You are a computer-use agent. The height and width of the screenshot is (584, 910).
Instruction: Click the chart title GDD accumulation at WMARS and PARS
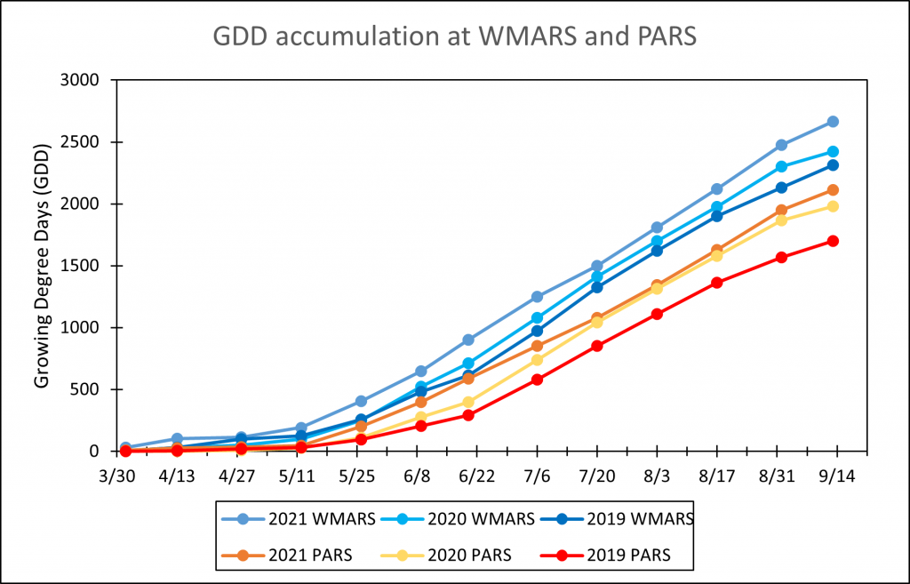click(454, 37)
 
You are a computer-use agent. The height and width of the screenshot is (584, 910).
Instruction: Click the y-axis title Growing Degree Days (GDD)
click(41, 265)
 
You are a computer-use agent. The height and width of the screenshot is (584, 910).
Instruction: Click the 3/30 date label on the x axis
click(124, 476)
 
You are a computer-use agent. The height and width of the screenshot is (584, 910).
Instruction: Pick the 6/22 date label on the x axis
click(479, 476)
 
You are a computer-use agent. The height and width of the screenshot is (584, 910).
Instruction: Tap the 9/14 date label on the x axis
click(833, 476)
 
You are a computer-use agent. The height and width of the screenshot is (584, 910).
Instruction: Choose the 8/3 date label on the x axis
click(656, 476)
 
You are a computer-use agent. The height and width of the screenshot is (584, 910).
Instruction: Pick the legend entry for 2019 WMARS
click(622, 517)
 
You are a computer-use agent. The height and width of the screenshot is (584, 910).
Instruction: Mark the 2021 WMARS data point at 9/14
click(833, 122)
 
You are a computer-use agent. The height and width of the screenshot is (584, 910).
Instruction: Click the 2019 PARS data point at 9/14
click(833, 241)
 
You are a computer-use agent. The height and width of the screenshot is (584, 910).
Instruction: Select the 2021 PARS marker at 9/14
click(833, 190)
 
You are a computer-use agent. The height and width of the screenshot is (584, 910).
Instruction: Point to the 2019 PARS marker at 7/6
click(538, 380)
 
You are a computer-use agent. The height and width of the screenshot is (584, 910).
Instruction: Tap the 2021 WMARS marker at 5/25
click(361, 402)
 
